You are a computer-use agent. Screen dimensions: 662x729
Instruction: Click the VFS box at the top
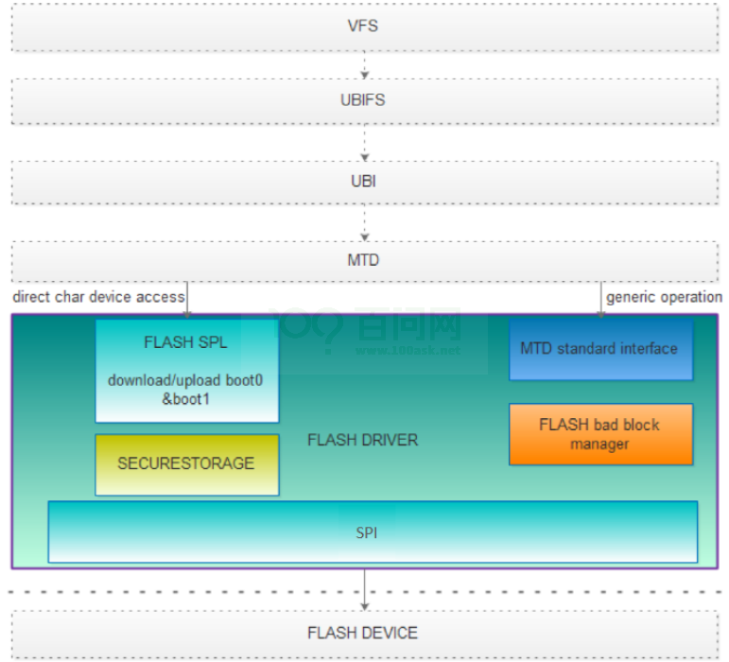pyautogui.click(x=363, y=26)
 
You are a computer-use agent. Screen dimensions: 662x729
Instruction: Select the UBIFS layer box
pyautogui.click(x=363, y=99)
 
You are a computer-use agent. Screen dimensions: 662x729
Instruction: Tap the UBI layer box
pyautogui.click(x=363, y=181)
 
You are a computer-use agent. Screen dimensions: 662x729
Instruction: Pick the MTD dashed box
pyautogui.click(x=363, y=259)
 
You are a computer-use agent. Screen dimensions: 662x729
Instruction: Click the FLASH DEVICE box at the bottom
pyautogui.click(x=363, y=633)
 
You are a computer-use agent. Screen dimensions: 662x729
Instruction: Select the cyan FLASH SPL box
pyautogui.click(x=186, y=370)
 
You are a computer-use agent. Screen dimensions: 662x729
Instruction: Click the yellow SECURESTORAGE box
pyautogui.click(x=186, y=463)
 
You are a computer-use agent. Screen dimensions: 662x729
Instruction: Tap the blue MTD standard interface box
pyautogui.click(x=599, y=349)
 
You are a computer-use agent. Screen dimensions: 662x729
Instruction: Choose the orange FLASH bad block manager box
pyautogui.click(x=599, y=434)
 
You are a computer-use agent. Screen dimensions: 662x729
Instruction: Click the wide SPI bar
pyautogui.click(x=373, y=532)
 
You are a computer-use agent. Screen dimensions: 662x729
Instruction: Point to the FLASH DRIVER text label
pyautogui.click(x=363, y=440)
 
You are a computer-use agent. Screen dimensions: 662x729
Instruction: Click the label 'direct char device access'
pyautogui.click(x=98, y=297)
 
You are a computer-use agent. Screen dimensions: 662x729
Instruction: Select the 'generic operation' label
pyautogui.click(x=664, y=297)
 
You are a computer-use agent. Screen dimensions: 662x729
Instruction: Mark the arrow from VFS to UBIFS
pyautogui.click(x=364, y=64)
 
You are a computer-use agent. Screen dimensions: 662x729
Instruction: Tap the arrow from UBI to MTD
pyautogui.click(x=364, y=223)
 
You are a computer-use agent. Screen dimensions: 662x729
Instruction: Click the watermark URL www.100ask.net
pyautogui.click(x=408, y=351)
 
